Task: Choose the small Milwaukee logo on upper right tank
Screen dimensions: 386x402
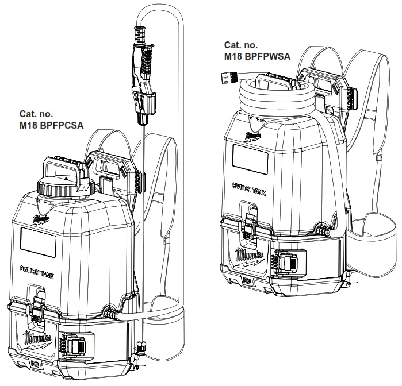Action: (252, 136)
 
